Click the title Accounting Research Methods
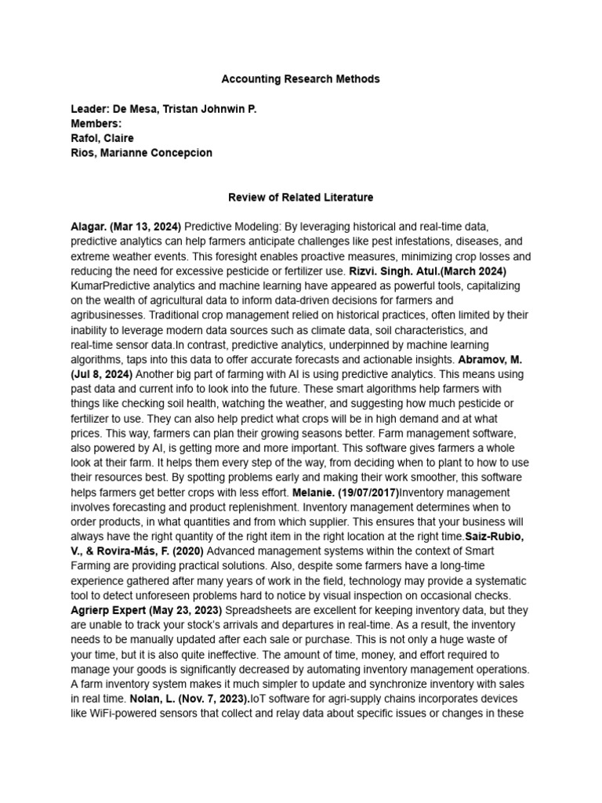point(300,79)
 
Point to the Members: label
point(96,124)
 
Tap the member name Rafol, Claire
point(102,139)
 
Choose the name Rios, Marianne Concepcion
point(141,153)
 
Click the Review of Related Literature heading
point(300,198)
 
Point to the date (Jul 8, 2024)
point(102,374)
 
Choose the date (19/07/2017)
point(368,492)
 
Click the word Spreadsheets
point(263,610)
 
